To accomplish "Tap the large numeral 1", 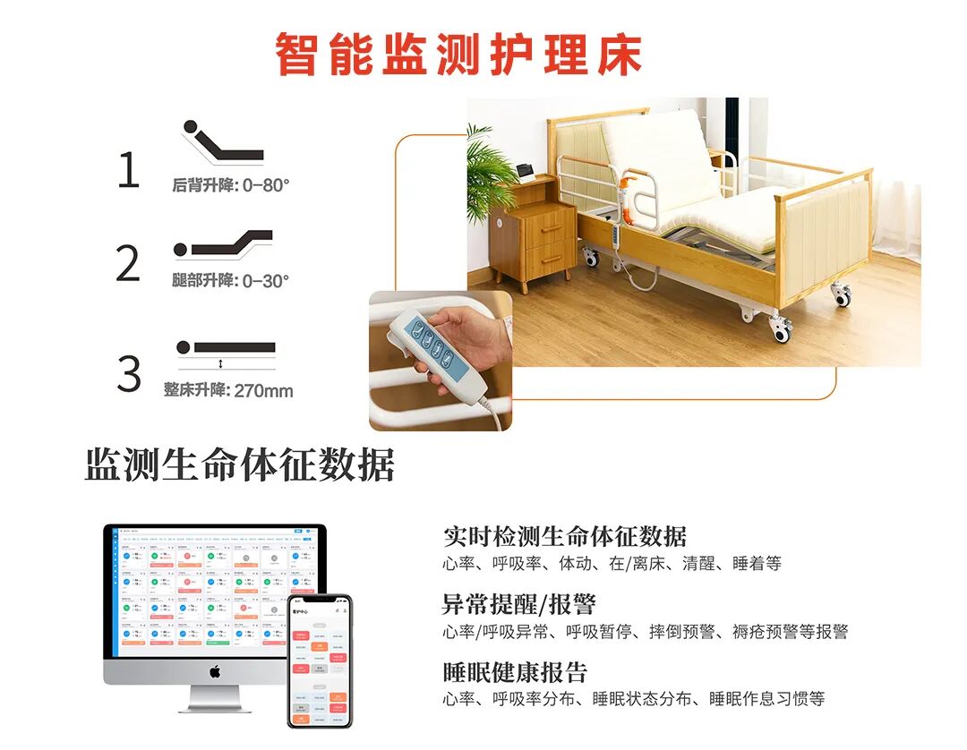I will pos(129,170).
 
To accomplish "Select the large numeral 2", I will pos(128,263).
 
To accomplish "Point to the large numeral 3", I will pos(129,373).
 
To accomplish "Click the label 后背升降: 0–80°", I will pos(231,186).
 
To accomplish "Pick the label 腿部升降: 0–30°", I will pos(231,280).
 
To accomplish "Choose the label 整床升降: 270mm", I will pos(228,390).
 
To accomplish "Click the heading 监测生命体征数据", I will pos(240,465).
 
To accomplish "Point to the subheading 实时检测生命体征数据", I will pos(565,536).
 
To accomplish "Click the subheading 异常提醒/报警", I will pos(519,604).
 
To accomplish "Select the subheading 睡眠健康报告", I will pos(515,672).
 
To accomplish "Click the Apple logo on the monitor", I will pos(215,670).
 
